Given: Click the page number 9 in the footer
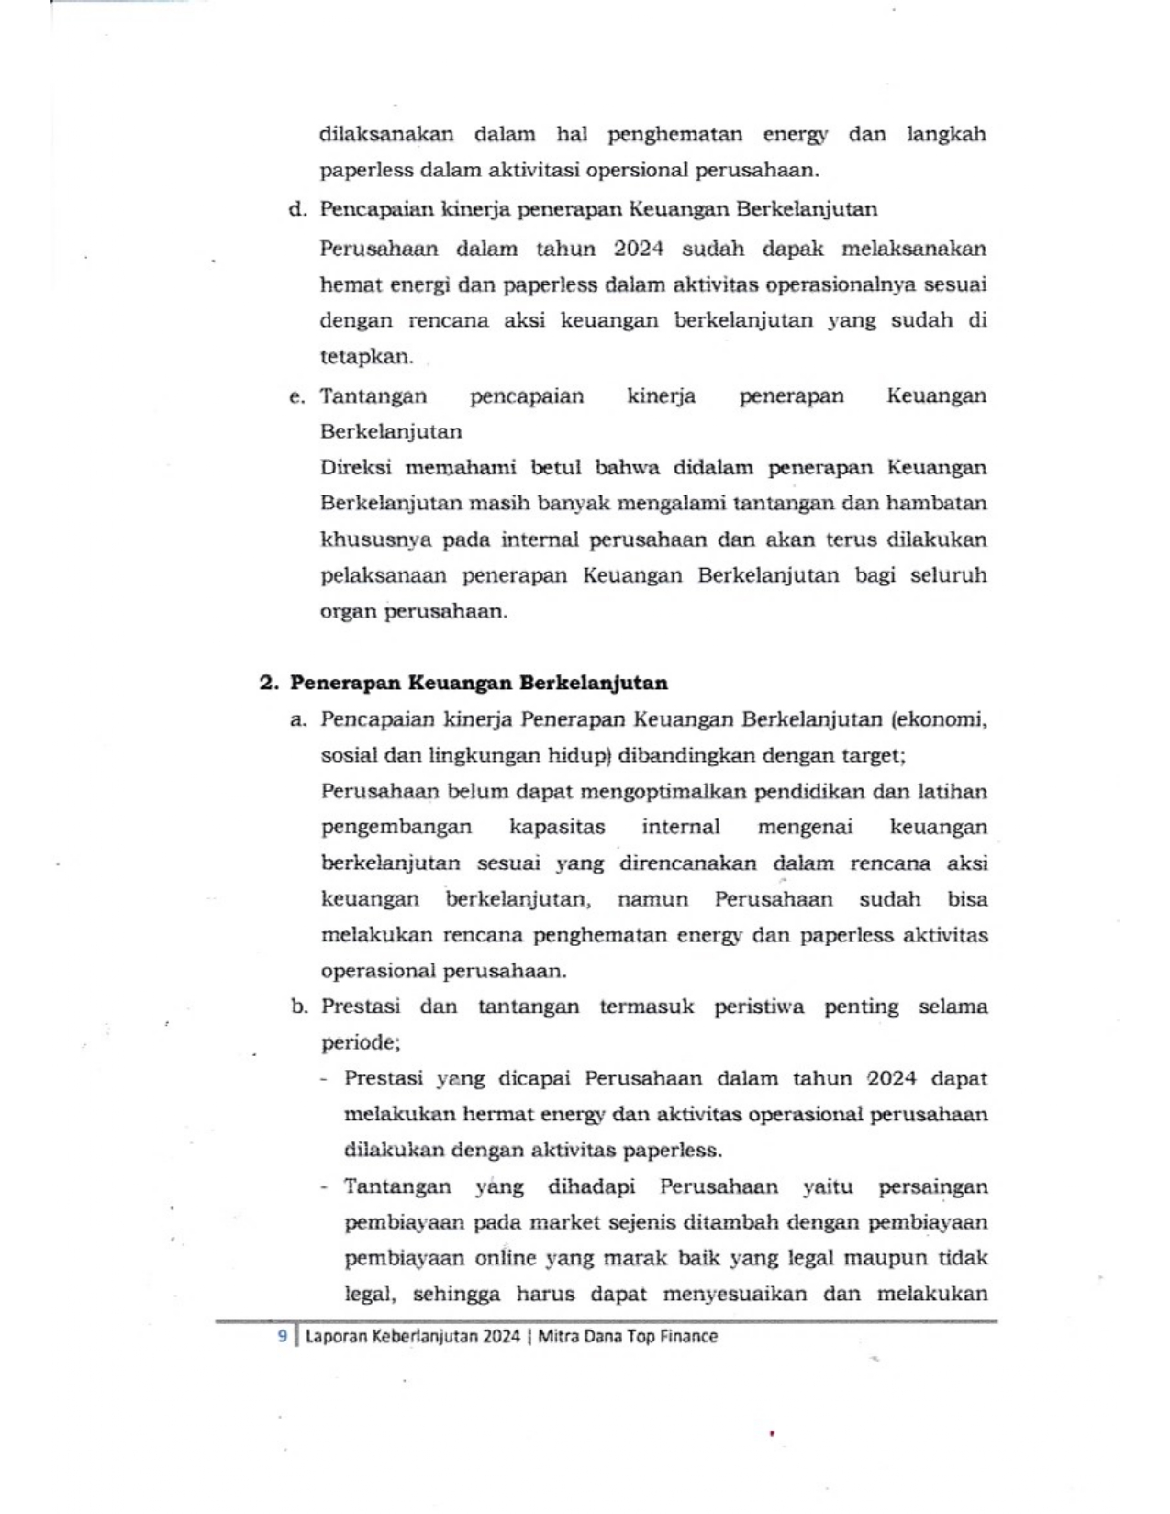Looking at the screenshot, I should pyautogui.click(x=283, y=1336).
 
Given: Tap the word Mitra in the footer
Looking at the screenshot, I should pyautogui.click(x=558, y=1336).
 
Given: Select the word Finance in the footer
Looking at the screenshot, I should pyautogui.click(x=688, y=1336).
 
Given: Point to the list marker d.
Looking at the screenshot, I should pyautogui.click(x=296, y=208).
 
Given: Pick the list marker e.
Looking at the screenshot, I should pyautogui.click(x=296, y=396).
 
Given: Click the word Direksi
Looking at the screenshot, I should pyautogui.click(x=356, y=467).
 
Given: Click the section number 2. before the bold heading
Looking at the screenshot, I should pyautogui.click(x=269, y=683).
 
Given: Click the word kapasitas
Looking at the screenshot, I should pyautogui.click(x=557, y=827).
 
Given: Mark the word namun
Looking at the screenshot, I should pyautogui.click(x=652, y=898).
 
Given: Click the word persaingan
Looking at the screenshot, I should pyautogui.click(x=933, y=1186).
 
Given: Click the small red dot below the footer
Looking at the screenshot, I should pyautogui.click(x=773, y=1431).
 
